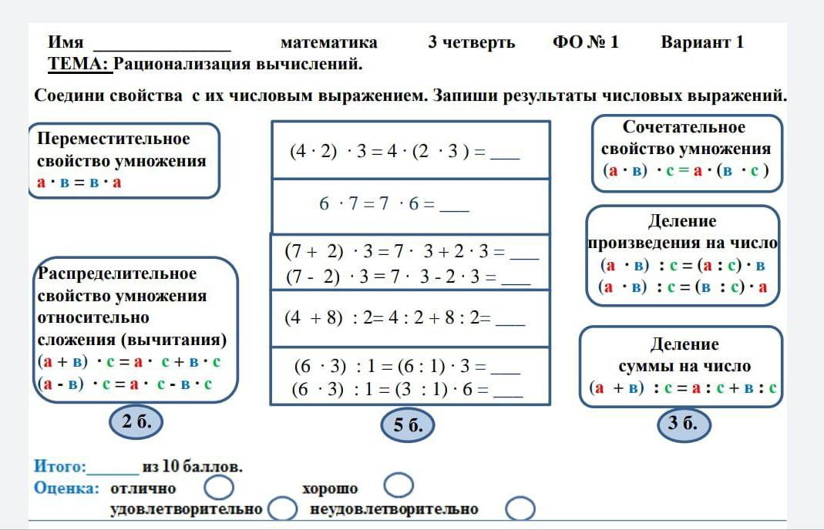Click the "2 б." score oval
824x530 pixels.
point(136,422)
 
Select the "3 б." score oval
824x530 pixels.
point(683,424)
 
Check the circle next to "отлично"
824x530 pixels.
point(219,488)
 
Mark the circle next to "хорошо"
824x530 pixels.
point(399,485)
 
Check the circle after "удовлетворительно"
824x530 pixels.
point(283,508)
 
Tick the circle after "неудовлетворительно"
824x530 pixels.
point(521,508)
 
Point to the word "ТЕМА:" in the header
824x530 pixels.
point(79,64)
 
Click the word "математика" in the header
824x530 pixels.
point(329,42)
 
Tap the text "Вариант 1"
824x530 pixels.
point(702,42)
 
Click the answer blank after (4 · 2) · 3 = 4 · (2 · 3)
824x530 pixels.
point(506,155)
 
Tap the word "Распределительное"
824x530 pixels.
point(117,273)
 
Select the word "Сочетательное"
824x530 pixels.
point(684,127)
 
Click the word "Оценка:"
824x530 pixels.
point(67,488)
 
